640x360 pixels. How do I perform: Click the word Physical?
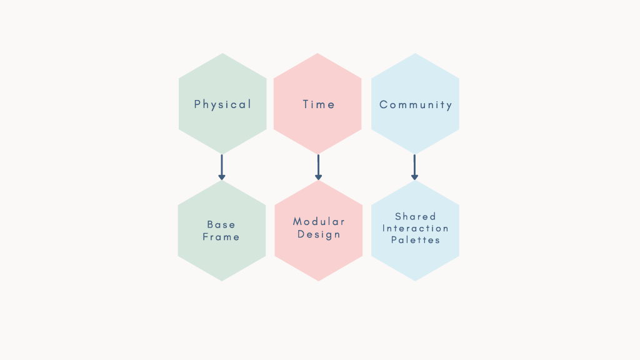coord(222,105)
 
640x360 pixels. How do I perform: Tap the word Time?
coord(319,104)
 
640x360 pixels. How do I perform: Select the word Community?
coord(416,105)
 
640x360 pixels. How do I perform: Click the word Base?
coord(221,224)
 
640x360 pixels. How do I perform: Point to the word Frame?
coord(221,237)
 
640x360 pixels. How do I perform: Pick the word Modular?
coord(319,222)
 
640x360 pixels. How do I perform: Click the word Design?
coord(319,234)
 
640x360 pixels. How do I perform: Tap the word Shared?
coord(416,216)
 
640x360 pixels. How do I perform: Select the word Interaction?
coord(416,228)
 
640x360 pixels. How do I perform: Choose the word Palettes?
coord(416,240)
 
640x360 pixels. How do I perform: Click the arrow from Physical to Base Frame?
coord(222,167)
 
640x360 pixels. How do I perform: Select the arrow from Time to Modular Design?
coord(318,167)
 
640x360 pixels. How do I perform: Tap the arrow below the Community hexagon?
coord(415,167)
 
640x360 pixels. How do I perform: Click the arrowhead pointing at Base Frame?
coord(222,177)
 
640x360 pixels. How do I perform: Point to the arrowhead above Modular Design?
coord(318,177)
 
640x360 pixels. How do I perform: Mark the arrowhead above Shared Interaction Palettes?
coord(415,177)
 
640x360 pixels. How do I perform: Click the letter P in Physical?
coord(197,104)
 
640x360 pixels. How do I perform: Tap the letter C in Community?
coord(383,105)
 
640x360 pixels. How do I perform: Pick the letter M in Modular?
coord(297,222)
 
